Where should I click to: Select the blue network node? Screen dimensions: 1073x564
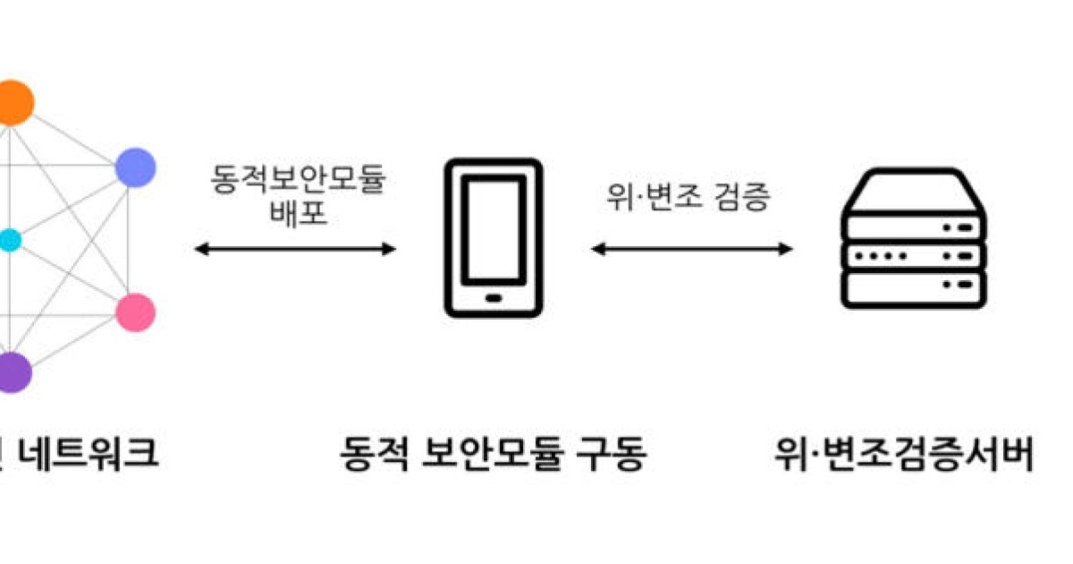tap(136, 167)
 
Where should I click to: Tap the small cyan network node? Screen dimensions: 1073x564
tap(9, 240)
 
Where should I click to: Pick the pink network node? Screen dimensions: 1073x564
tap(136, 312)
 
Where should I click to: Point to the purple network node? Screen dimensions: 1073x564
tap(13, 372)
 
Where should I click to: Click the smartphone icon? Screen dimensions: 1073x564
tap(494, 237)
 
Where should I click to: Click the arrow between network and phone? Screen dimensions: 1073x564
tap(295, 249)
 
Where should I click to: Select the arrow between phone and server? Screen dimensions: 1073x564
tap(691, 249)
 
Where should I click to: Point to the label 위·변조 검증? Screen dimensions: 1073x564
tap(687, 197)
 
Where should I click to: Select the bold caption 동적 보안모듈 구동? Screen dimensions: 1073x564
tap(493, 455)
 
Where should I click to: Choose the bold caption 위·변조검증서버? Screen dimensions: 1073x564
tap(904, 455)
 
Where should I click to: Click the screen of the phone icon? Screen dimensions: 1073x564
tap(494, 229)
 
